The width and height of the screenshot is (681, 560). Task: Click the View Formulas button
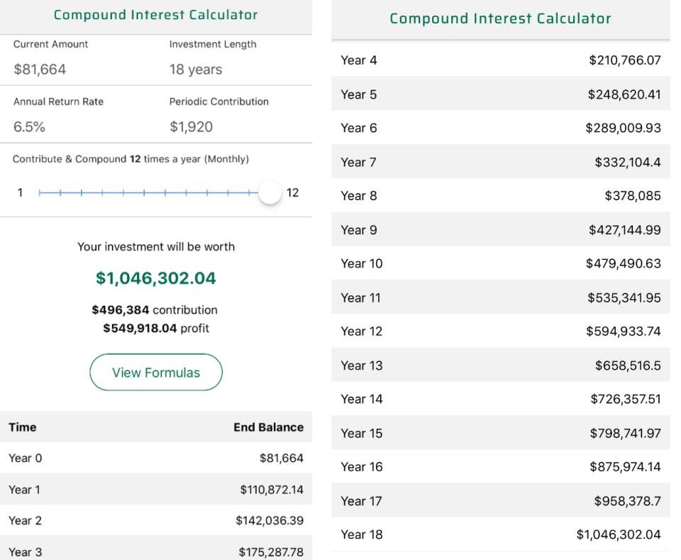point(156,373)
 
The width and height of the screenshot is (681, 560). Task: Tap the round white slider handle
point(270,192)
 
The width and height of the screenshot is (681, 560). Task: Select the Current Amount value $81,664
point(40,70)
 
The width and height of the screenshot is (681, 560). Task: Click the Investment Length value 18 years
point(196,70)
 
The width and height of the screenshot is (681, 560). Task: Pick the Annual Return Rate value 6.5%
point(29,127)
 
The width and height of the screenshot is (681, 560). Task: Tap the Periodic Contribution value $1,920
point(191,127)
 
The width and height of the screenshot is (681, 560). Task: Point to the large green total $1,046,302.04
point(156,278)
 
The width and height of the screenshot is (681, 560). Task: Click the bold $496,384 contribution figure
point(121,310)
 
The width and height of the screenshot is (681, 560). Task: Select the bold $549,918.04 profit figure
point(140,329)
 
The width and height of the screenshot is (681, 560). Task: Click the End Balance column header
point(268,427)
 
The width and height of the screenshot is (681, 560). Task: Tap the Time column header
point(23,427)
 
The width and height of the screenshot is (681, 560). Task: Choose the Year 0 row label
point(26,459)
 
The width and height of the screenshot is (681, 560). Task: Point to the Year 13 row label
point(362,366)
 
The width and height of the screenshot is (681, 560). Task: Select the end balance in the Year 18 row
point(619,534)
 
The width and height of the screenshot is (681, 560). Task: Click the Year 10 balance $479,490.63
point(624,263)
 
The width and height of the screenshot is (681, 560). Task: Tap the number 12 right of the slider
point(292,193)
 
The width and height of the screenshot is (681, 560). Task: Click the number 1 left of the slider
point(20,193)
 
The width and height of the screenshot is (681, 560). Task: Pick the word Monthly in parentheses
point(227,159)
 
